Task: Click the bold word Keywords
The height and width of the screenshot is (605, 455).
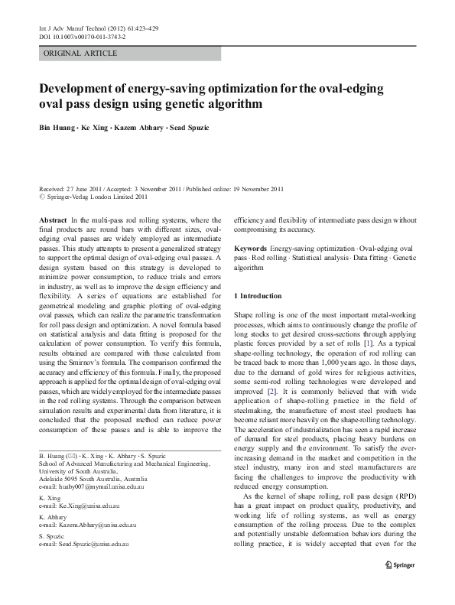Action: (250, 249)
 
